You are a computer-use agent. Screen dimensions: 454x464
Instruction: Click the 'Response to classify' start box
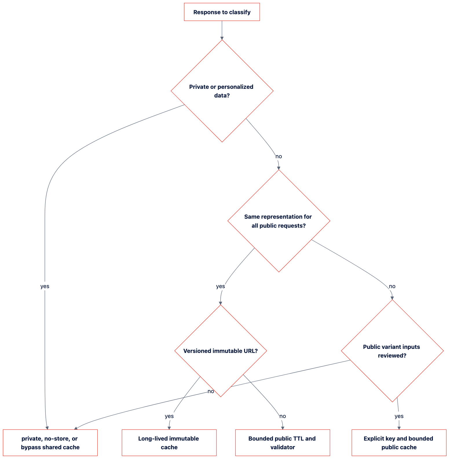coord(222,12)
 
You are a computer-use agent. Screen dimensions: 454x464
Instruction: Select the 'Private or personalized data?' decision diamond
coord(222,91)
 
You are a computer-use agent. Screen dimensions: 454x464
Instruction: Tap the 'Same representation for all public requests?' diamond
coord(279,221)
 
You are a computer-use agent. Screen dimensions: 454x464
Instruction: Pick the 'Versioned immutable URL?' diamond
coord(221,351)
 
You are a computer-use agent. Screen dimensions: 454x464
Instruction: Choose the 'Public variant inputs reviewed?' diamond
coord(392,351)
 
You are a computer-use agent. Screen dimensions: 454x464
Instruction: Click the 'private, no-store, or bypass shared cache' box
coord(50,443)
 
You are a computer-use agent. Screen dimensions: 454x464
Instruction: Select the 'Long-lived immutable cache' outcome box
coord(169,443)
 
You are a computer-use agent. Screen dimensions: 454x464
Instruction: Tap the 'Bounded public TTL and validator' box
coord(283,443)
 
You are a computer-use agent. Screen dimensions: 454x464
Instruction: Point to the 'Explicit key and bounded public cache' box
coord(399,443)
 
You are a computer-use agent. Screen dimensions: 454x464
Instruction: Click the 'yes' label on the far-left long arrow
coord(45,286)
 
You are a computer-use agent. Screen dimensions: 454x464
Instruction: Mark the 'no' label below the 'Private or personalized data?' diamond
coord(279,156)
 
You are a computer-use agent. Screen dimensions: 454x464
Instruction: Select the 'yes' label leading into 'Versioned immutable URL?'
coord(220,286)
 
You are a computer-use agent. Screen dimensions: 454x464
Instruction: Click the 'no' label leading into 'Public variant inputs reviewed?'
coord(392,286)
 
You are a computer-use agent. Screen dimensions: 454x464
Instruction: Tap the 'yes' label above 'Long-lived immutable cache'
coord(169,416)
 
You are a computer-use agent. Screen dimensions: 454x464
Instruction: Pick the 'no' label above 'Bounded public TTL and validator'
coord(283,416)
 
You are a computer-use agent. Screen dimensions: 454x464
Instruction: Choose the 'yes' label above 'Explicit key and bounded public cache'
coord(399,416)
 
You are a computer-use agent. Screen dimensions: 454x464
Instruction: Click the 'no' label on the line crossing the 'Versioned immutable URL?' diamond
coord(211,391)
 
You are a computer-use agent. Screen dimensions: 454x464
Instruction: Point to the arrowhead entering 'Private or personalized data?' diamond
coord(222,38)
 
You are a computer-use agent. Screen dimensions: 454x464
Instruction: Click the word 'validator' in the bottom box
coord(283,447)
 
